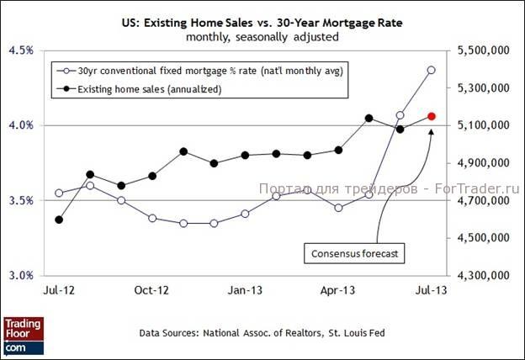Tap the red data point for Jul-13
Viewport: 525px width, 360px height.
(x=431, y=116)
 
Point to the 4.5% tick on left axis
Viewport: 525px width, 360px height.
(x=21, y=50)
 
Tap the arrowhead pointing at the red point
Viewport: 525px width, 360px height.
(x=430, y=130)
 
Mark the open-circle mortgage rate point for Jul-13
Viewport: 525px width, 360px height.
(x=431, y=70)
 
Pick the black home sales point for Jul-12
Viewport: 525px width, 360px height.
(x=59, y=220)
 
